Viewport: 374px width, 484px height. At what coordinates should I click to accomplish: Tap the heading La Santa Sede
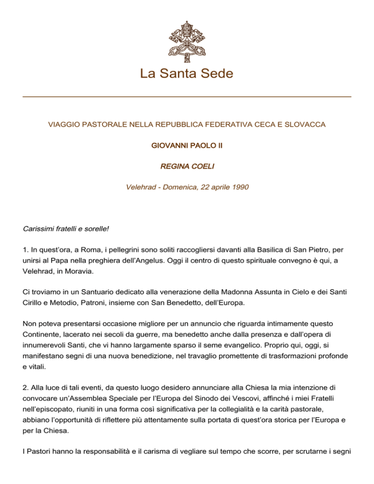187,74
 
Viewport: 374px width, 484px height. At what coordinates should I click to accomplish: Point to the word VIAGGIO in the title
62,125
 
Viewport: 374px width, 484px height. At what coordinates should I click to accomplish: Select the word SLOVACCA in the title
307,125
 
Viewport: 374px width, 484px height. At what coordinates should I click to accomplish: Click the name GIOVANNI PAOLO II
187,146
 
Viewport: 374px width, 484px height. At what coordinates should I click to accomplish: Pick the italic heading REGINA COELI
187,167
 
